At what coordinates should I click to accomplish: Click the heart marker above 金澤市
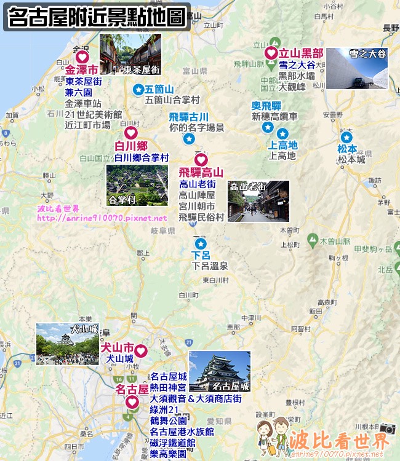(x=82, y=57)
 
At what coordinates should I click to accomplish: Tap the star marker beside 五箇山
(x=138, y=90)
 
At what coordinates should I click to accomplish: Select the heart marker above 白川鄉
(x=130, y=133)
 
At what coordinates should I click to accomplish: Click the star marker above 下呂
(x=199, y=243)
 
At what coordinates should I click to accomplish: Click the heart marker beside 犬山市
(x=140, y=351)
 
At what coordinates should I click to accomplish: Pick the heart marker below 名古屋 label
(x=132, y=402)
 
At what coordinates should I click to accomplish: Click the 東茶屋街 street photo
(x=130, y=54)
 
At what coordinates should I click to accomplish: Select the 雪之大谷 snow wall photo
(x=357, y=68)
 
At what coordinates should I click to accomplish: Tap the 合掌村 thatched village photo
(x=137, y=185)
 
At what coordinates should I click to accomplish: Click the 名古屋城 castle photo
(x=220, y=371)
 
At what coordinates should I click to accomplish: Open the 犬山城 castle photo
(x=67, y=344)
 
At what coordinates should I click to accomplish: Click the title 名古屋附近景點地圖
(x=97, y=17)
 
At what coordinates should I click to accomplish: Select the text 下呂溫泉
(x=210, y=266)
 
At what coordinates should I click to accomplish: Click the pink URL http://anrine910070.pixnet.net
(x=102, y=218)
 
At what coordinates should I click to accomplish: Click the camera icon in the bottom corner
(x=388, y=428)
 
